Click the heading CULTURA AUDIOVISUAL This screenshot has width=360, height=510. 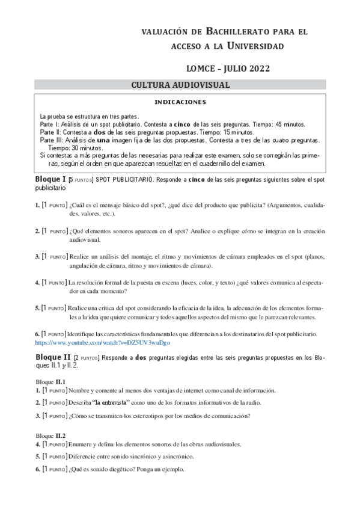[x=180, y=85]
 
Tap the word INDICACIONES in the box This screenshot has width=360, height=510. [x=180, y=102]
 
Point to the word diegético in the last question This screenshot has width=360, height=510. [x=124, y=469]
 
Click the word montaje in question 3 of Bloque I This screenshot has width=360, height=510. [x=144, y=256]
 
